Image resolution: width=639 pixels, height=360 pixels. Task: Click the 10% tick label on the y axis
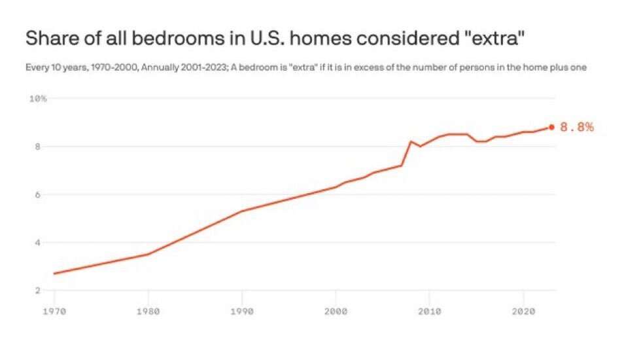pyautogui.click(x=38, y=99)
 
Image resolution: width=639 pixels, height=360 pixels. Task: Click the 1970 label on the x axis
pyautogui.click(x=54, y=311)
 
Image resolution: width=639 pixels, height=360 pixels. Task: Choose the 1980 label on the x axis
pyautogui.click(x=148, y=311)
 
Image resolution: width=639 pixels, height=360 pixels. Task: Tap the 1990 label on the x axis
pyautogui.click(x=242, y=311)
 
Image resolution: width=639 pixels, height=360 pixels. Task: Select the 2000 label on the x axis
pyautogui.click(x=336, y=311)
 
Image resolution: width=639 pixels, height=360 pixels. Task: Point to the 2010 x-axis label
pyautogui.click(x=429, y=311)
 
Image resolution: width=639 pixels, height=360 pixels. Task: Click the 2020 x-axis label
pyautogui.click(x=523, y=311)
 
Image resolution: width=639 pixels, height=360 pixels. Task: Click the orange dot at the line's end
pyautogui.click(x=551, y=127)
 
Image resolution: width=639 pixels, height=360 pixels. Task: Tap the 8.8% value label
pyautogui.click(x=577, y=127)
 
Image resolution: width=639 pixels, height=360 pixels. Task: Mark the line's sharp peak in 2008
pyautogui.click(x=411, y=141)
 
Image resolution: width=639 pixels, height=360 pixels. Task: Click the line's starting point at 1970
pyautogui.click(x=54, y=273)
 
